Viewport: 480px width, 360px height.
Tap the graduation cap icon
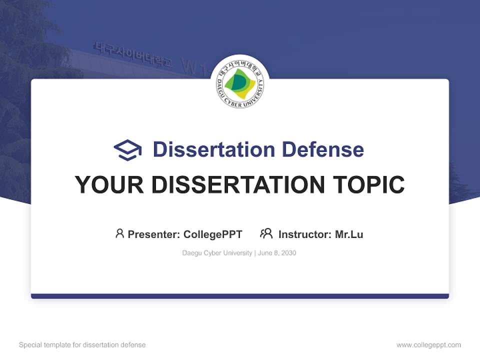pos(128,149)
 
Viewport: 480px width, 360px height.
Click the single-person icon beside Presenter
pos(119,233)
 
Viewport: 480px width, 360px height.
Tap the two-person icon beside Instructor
pos(266,233)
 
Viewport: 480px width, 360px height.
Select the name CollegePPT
pos(213,234)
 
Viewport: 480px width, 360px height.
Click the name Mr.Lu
pos(349,234)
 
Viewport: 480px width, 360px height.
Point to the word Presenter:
pos(154,234)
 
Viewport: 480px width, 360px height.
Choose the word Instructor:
pos(305,234)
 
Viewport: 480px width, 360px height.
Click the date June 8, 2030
pos(277,253)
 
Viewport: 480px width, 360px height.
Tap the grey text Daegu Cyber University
pos(217,253)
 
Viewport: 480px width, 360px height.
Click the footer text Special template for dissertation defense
pos(82,345)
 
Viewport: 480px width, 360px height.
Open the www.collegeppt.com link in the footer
pos(428,345)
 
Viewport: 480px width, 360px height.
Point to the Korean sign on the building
pos(132,55)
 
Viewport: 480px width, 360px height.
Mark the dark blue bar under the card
pos(240,296)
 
